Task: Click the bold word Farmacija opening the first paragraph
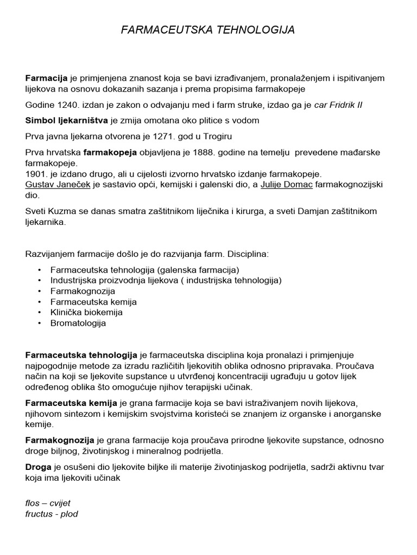[46, 78]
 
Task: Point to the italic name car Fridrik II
[338, 105]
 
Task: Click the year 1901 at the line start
[36, 174]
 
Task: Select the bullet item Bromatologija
[78, 323]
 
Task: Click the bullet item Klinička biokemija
[86, 312]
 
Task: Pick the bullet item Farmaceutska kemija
[93, 301]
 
